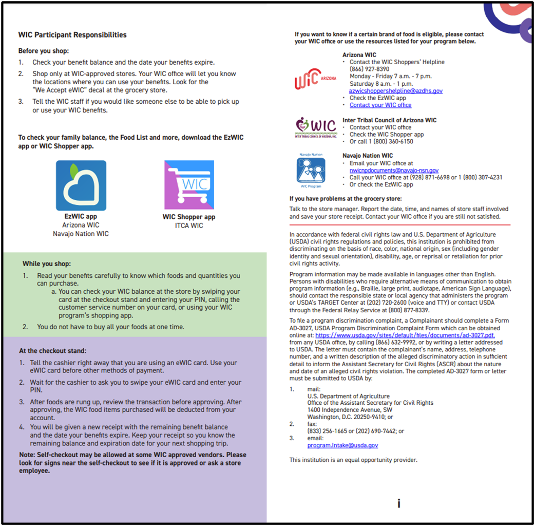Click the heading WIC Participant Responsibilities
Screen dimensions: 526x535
coord(72,35)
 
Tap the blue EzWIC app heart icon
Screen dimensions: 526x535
coord(81,185)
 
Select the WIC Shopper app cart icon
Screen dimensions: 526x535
coord(189,185)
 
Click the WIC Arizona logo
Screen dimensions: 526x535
coord(315,80)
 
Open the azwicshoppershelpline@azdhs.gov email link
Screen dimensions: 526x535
coord(396,91)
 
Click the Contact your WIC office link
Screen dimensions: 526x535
coord(380,105)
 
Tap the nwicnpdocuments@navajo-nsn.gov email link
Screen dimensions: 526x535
coord(394,170)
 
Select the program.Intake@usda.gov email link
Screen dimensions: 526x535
coord(342,445)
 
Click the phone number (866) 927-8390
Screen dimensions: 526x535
coord(369,69)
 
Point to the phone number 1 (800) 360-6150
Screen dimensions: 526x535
coord(386,142)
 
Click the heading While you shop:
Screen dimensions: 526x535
coord(47,264)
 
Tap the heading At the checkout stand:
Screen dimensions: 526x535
coord(49,351)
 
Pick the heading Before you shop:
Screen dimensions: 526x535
coord(44,51)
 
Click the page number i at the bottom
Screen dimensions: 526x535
coord(399,503)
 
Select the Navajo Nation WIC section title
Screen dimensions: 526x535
coord(368,156)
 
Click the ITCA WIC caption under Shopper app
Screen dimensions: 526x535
coord(189,226)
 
